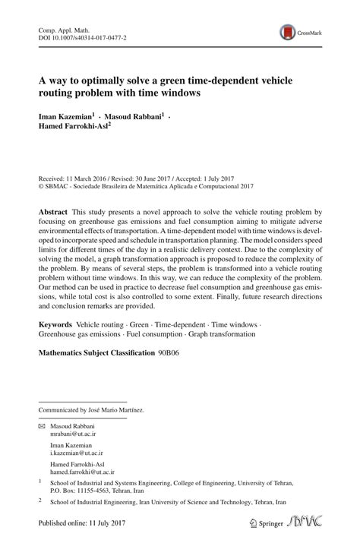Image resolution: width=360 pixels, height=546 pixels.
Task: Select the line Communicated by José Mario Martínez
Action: [x=91, y=410]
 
